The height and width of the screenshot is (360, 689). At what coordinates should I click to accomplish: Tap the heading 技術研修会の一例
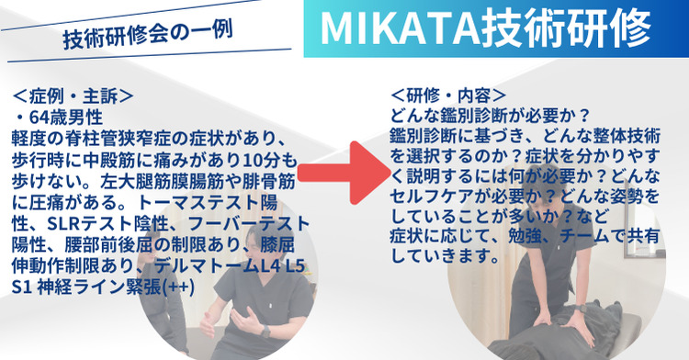[146, 37]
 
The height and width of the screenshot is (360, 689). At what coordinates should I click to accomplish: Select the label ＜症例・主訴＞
[74, 95]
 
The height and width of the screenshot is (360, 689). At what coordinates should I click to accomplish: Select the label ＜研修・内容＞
[447, 95]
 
